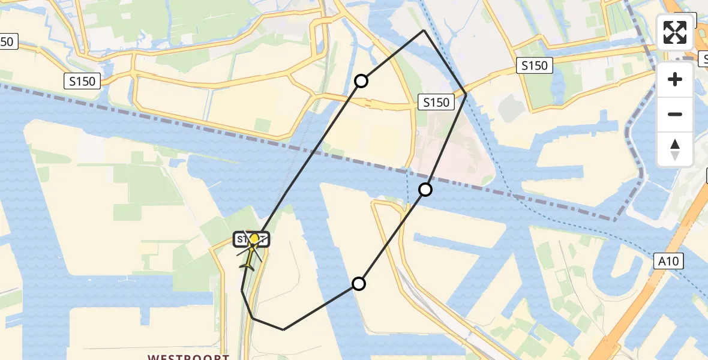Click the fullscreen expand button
pyautogui.click(x=675, y=32)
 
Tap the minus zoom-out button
pyautogui.click(x=675, y=114)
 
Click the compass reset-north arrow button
pyautogui.click(x=675, y=149)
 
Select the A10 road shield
pyautogui.click(x=669, y=261)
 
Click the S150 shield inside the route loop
pyautogui.click(x=436, y=103)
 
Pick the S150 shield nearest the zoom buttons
pyautogui.click(x=534, y=65)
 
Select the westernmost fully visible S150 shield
pyautogui.click(x=82, y=81)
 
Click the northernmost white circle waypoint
pyautogui.click(x=361, y=80)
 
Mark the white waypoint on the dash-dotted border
pyautogui.click(x=425, y=190)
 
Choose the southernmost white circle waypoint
pyautogui.click(x=358, y=284)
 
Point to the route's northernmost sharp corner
pyautogui.click(x=424, y=30)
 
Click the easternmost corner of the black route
pyautogui.click(x=466, y=94)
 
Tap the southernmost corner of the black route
pyautogui.click(x=284, y=329)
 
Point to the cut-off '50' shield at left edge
pyautogui.click(x=8, y=41)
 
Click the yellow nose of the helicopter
pyautogui.click(x=254, y=239)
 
